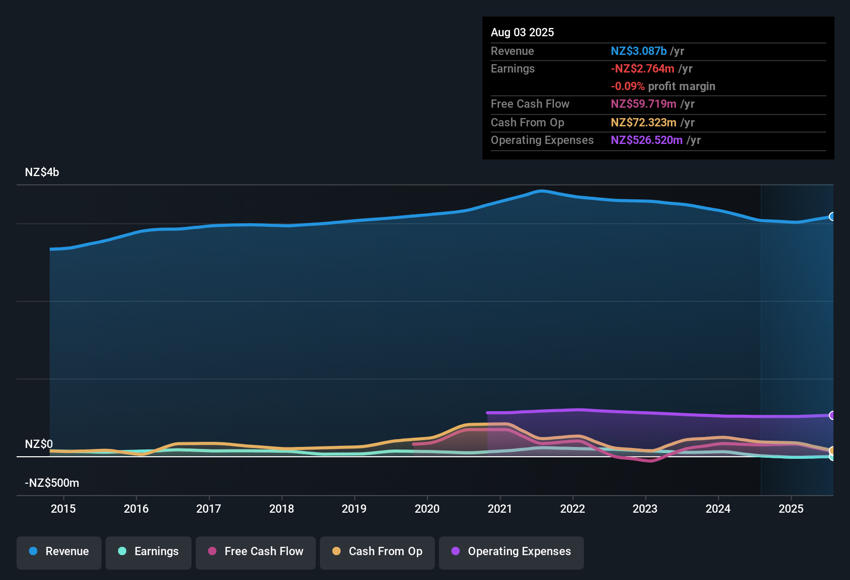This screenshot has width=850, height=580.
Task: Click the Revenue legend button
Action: coord(59,552)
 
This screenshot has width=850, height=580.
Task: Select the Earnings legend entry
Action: coord(149,552)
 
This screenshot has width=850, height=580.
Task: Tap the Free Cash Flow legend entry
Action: coord(256,552)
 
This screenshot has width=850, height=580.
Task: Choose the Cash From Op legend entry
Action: coord(377,552)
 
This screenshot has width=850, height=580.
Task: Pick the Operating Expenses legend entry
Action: coord(511,552)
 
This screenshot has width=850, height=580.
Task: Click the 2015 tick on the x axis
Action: coord(63,509)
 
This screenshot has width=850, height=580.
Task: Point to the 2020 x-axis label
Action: coord(427,509)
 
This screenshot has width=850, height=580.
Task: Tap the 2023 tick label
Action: coord(645,509)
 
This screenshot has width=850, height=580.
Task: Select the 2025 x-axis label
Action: coord(791,509)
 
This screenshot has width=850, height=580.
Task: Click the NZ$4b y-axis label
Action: coord(42,172)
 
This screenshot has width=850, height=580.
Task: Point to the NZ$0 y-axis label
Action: coord(39,444)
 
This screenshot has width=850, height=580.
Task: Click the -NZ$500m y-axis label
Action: coord(52,483)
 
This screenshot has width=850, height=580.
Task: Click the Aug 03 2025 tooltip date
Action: coord(522,33)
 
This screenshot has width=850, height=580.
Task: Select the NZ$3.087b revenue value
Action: coord(638,51)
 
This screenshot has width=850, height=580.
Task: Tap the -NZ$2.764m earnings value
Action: coord(642,69)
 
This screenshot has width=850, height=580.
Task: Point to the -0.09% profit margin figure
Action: coord(627,86)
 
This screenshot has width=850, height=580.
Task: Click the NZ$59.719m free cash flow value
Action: coord(643,104)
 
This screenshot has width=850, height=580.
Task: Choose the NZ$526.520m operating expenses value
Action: coord(647,140)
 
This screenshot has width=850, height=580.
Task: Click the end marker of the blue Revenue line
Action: coord(832,216)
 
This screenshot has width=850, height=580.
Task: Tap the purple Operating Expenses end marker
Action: coord(832,415)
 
